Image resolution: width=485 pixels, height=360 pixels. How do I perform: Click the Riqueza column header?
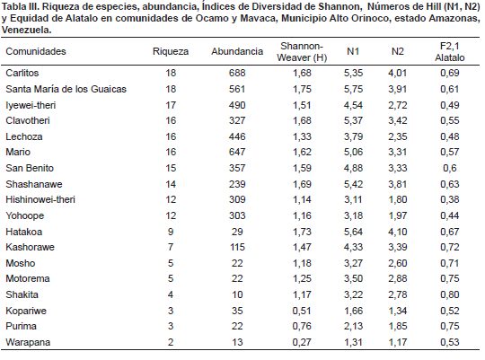tap(171, 51)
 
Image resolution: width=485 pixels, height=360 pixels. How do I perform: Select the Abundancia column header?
tap(237, 51)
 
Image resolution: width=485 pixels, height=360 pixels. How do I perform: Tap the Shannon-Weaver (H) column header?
tap(302, 52)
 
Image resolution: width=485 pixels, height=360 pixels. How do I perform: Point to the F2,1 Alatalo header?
tap(450, 52)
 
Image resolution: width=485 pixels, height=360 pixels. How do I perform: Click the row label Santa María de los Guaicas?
tap(66, 89)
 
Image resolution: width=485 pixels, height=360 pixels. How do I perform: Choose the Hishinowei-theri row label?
tap(40, 199)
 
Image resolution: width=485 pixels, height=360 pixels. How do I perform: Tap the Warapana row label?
tap(28, 342)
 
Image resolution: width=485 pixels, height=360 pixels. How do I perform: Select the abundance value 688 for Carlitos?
tap(237, 73)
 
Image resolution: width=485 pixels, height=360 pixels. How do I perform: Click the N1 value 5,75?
tap(353, 89)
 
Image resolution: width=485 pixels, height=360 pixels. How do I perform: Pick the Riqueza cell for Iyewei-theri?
tap(171, 105)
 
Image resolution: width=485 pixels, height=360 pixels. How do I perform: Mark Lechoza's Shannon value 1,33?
tap(302, 136)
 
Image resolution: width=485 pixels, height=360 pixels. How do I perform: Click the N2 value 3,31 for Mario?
tap(398, 152)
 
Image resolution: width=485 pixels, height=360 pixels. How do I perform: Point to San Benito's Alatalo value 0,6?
tap(450, 168)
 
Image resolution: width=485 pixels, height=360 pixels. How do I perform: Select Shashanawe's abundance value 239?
tap(237, 184)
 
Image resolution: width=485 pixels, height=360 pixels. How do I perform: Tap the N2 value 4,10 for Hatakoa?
tap(398, 232)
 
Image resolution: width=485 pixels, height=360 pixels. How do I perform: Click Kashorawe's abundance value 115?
tap(237, 247)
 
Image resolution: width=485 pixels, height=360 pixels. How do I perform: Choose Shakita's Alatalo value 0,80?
tap(450, 294)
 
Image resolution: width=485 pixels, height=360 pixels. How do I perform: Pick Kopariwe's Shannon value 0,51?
tap(302, 311)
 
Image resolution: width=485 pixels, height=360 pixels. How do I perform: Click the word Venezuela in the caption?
tap(26, 30)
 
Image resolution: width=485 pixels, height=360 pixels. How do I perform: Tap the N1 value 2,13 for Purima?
tap(353, 326)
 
